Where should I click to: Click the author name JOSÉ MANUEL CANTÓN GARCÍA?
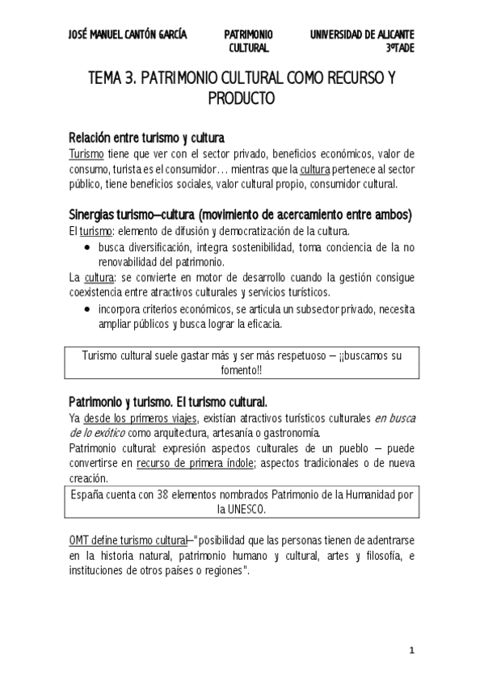[x=128, y=35]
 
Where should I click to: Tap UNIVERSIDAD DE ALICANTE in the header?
[x=363, y=35]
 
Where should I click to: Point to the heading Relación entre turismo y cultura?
[x=145, y=137]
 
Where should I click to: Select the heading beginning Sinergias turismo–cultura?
[x=241, y=215]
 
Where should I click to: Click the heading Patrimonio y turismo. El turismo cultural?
[x=168, y=401]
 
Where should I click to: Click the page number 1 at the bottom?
[x=411, y=651]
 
